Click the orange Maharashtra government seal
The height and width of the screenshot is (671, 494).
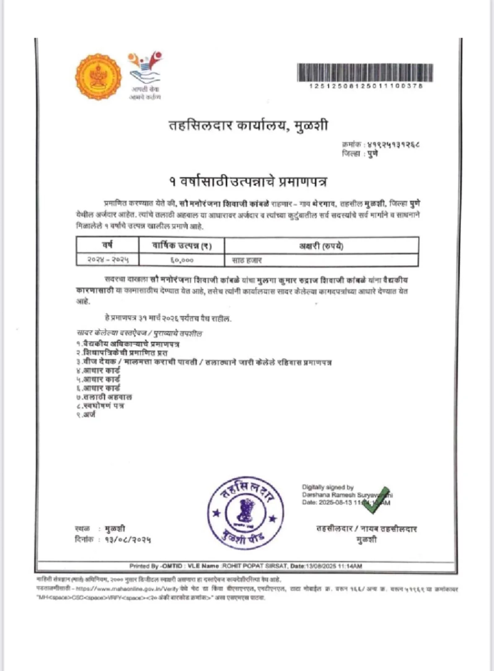point(98,77)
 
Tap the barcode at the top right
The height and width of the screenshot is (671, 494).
point(365,72)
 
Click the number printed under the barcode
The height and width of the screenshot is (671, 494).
point(365,86)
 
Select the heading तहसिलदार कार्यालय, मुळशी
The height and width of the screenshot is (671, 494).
point(248,126)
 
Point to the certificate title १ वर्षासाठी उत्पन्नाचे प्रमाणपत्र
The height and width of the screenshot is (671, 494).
point(248,181)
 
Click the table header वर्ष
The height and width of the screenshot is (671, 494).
point(107,245)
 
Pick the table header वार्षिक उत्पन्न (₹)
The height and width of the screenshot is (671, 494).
point(182,245)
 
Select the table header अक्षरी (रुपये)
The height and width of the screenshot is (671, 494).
point(321,246)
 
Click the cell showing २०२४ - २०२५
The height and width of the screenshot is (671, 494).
point(108,260)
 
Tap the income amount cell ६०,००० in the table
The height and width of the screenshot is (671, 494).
point(182,260)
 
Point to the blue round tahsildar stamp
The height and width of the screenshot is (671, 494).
point(245,512)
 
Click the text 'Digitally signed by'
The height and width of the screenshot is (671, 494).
point(328,487)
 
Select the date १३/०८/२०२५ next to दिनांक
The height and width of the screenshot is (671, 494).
point(127,539)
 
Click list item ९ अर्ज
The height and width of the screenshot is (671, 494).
point(86,414)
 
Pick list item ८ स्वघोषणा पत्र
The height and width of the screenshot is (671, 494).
point(100,406)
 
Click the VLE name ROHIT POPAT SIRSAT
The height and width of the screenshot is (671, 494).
point(255,566)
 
